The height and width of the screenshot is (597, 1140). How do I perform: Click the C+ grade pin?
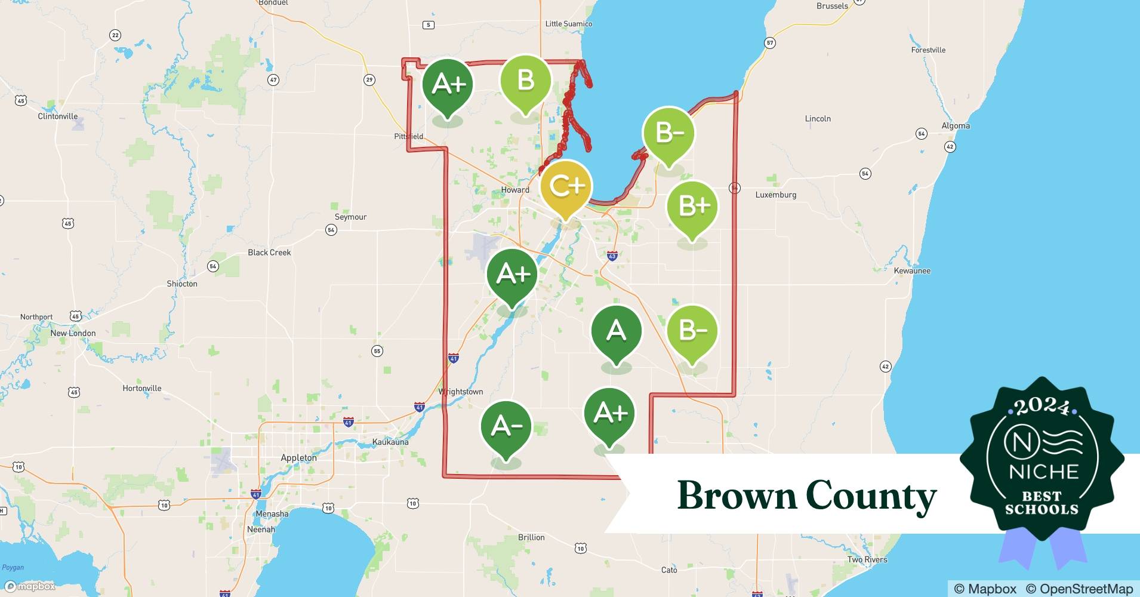(566, 187)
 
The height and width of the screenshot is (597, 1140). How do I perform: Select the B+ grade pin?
(692, 207)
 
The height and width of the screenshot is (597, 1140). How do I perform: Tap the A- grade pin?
(506, 426)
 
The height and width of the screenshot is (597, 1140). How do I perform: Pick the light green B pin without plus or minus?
(525, 81)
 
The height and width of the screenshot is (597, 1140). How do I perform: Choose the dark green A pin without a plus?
(616, 331)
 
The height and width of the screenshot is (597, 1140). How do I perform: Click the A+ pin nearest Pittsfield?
(448, 84)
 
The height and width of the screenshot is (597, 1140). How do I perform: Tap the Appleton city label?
(298, 458)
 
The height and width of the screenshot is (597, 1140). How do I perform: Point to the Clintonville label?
(58, 116)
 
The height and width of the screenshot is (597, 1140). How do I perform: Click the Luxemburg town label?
(775, 195)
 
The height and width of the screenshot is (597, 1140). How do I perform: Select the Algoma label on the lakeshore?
(956, 126)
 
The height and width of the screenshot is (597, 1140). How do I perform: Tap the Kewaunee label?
(912, 271)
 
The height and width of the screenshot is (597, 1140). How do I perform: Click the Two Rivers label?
(867, 560)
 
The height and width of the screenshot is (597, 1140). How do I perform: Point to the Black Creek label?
(269, 253)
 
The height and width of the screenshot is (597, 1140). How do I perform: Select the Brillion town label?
(531, 537)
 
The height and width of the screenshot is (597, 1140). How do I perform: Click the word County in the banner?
(871, 496)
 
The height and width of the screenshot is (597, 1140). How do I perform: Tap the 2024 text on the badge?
(1042, 407)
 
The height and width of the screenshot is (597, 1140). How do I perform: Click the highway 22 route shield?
(115, 35)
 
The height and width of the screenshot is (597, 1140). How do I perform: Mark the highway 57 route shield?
(770, 43)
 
